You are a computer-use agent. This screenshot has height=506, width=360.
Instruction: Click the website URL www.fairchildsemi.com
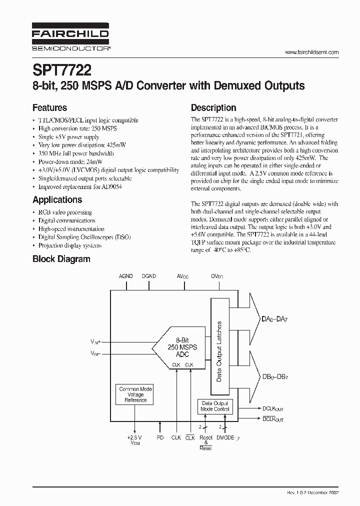tap(311, 52)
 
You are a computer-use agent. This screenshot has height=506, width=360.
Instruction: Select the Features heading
tap(49, 107)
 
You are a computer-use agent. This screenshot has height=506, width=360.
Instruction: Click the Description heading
tap(213, 107)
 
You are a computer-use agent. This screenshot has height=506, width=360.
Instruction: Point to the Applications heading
tap(57, 199)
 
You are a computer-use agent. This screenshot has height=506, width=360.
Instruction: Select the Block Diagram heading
tap(61, 259)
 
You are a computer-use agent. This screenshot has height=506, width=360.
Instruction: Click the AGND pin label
tap(125, 276)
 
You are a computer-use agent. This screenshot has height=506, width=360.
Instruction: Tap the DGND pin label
tap(148, 276)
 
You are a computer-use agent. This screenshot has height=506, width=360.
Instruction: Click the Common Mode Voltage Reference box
tap(135, 394)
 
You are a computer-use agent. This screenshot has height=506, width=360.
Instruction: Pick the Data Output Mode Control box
tap(214, 406)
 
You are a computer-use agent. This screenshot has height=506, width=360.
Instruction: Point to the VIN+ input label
tap(95, 342)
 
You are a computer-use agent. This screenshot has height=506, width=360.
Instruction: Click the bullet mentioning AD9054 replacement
tap(80, 186)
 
